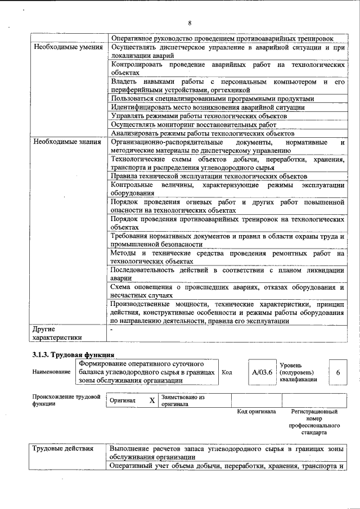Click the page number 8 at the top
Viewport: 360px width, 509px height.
point(190,22)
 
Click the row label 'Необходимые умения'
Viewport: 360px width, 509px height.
point(67,47)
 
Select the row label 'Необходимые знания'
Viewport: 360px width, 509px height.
point(66,142)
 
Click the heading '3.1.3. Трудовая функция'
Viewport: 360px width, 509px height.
point(74,355)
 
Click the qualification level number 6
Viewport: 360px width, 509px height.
point(338,372)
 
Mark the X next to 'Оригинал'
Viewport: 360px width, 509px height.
point(151,400)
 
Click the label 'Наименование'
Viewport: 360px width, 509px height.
point(50,372)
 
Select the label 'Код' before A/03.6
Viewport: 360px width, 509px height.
point(227,372)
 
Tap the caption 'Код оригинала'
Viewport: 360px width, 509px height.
point(256,412)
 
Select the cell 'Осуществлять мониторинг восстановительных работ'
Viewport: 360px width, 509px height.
point(202,124)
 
